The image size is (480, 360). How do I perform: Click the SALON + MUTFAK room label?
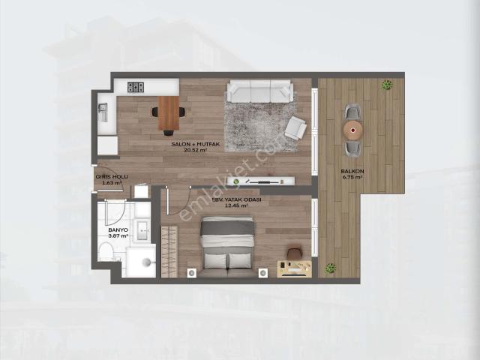pos(188,143)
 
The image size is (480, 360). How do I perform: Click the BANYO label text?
pos(118,230)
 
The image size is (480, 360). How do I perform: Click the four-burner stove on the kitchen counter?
pos(136,87)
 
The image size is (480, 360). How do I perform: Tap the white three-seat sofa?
pos(259,91)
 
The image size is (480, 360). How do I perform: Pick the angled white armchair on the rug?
pos(295,127)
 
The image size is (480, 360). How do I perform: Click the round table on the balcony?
pos(352,128)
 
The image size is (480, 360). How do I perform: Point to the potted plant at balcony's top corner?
pos(387,85)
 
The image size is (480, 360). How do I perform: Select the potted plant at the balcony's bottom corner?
pos(330,267)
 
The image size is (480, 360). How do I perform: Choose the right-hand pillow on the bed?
pos(240,259)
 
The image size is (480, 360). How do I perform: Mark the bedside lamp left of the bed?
pos(190,271)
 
